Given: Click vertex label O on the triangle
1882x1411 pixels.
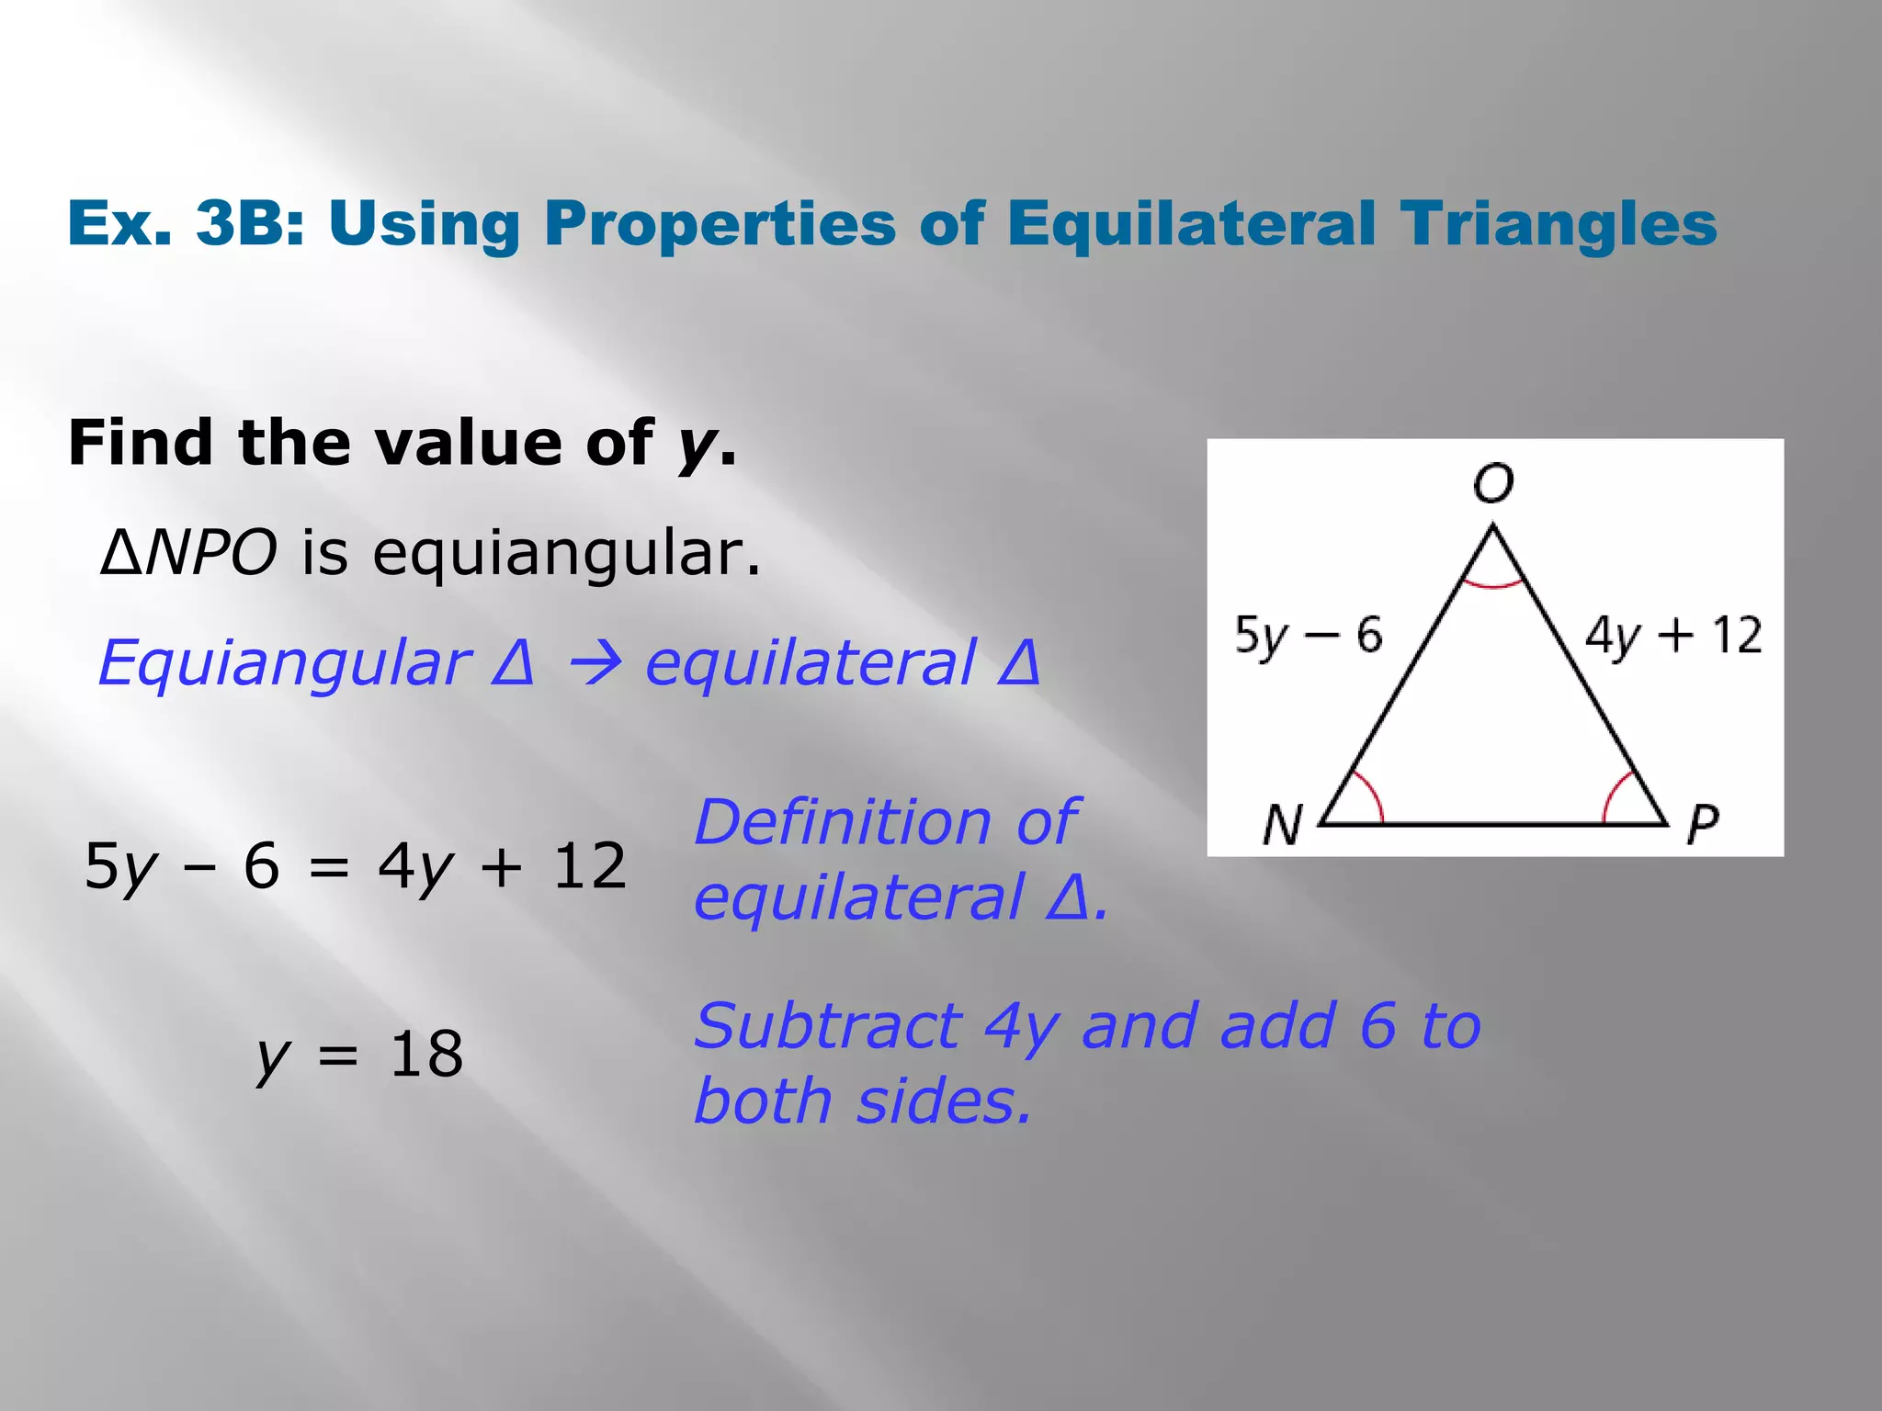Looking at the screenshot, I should (1492, 482).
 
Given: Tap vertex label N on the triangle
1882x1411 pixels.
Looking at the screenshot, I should (1283, 824).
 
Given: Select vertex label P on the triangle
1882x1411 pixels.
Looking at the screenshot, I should (1702, 824).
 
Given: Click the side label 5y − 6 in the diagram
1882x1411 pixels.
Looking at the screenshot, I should (1308, 636).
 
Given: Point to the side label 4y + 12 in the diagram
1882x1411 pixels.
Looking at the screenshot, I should (1672, 636).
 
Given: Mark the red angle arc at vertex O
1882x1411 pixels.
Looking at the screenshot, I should (1493, 583).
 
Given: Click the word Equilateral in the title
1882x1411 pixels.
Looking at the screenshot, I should (1191, 223).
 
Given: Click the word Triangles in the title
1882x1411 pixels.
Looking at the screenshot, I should (1559, 223).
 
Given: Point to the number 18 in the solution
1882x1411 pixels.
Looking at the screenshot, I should (425, 1054).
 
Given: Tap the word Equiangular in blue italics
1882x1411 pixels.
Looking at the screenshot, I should (284, 663).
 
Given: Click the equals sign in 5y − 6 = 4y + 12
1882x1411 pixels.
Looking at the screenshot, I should (329, 867).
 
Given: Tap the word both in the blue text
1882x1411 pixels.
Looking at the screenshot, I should (763, 1101).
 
